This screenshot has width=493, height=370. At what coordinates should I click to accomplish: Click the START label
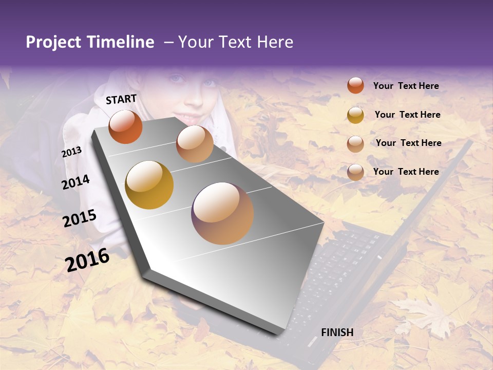121,99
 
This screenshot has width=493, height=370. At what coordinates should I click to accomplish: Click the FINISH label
337,332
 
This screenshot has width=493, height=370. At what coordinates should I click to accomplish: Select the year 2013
71,152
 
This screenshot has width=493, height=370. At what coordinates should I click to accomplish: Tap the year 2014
75,182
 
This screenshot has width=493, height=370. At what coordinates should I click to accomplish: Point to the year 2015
80,218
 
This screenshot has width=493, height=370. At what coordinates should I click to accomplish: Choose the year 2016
87,260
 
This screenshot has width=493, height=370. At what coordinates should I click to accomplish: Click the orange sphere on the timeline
125,126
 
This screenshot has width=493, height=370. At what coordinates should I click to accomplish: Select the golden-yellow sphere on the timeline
149,184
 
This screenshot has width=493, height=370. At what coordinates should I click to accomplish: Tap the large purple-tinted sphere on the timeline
222,213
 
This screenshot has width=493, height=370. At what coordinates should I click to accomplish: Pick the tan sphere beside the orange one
195,144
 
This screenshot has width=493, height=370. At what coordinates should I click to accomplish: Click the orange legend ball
355,85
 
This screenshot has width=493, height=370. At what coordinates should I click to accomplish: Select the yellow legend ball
355,115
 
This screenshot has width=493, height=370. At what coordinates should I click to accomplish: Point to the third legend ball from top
355,144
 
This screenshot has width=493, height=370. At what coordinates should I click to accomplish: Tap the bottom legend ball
355,172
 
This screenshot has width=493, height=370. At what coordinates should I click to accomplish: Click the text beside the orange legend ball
406,86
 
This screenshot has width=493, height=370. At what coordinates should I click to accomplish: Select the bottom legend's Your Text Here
406,172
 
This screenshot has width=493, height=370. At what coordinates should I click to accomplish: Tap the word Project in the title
53,42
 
